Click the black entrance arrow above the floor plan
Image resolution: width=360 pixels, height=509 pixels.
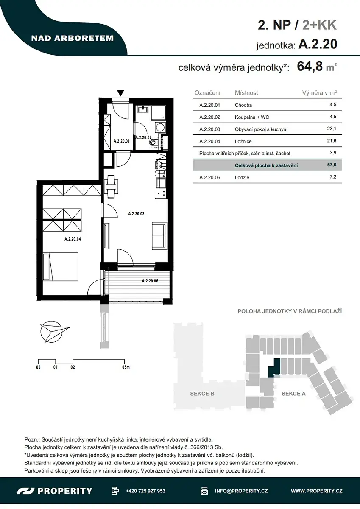(120, 93)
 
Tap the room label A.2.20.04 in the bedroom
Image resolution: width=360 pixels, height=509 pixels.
(73, 239)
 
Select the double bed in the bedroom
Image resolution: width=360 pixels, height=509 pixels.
(60, 266)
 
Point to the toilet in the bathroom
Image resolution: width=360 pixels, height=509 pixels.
(153, 143)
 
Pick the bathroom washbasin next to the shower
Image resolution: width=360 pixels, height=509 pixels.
(143, 109)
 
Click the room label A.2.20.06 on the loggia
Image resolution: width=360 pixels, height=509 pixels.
(150, 281)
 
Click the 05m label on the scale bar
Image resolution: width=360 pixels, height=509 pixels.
(126, 367)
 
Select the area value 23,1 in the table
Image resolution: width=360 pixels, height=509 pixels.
(332, 129)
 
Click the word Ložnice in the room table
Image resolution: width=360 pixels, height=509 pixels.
(243, 141)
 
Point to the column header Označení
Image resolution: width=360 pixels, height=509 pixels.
(207, 93)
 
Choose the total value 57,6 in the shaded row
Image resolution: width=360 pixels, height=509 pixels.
(332, 165)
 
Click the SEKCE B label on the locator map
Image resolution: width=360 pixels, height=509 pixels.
(202, 394)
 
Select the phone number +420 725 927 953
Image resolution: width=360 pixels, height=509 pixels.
(145, 491)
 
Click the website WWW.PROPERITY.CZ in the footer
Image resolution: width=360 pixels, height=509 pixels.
(317, 491)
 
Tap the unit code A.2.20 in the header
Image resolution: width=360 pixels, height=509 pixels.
(318, 44)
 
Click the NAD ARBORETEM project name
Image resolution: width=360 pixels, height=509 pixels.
(73, 38)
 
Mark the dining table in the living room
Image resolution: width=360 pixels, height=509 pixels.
(111, 187)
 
